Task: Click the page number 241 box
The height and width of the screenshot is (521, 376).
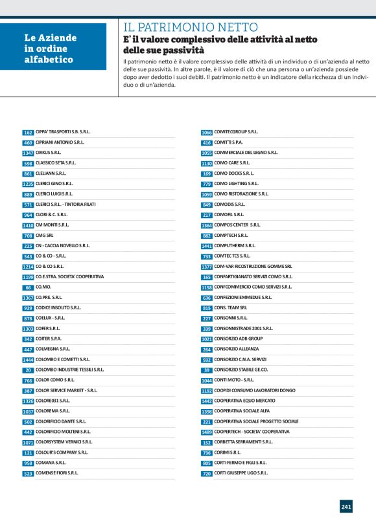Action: [x=346, y=506]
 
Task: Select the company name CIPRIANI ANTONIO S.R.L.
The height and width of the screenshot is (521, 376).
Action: [x=60, y=142]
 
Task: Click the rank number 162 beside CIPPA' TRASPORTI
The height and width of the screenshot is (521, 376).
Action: [x=28, y=132]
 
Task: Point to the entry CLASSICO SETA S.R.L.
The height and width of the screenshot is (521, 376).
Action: [x=56, y=163]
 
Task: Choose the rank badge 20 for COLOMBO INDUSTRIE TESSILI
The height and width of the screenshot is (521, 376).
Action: [x=28, y=370]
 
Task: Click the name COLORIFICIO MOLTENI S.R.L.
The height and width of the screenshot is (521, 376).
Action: [x=63, y=432]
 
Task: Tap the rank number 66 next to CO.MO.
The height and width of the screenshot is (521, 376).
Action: [x=28, y=287]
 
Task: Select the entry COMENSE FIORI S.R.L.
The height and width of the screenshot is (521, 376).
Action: [x=57, y=473]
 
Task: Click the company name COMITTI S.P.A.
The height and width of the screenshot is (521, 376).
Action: [x=228, y=142]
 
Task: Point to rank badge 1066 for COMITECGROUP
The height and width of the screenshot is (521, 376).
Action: [x=207, y=132]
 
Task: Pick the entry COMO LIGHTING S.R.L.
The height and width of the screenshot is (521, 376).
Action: [x=237, y=184]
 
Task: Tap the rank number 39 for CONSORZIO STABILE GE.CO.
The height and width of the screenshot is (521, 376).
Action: [x=207, y=370]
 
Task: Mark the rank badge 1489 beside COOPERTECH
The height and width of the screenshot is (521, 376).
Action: [x=207, y=432]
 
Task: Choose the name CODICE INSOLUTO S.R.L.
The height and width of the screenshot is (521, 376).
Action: [x=58, y=308]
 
